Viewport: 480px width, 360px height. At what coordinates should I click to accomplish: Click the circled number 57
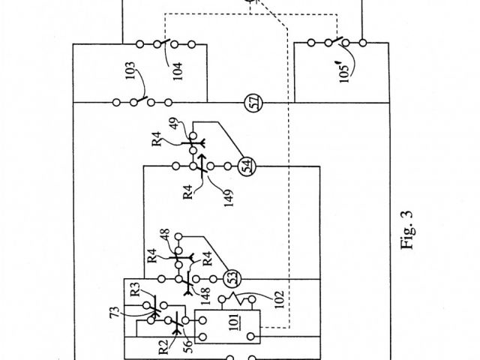[x=252, y=103]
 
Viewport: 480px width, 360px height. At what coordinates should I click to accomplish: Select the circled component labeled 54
[x=246, y=166]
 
